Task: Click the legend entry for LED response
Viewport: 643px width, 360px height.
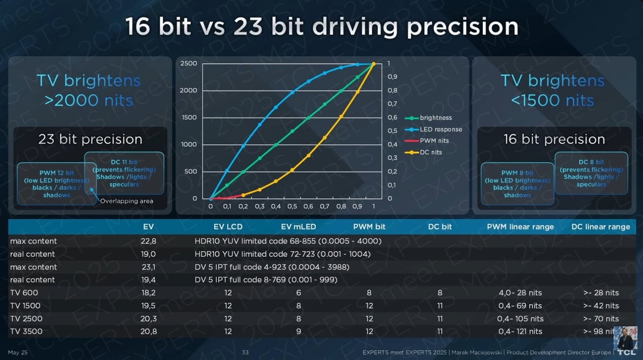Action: click(x=440, y=129)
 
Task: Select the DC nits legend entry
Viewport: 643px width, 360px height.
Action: click(x=431, y=152)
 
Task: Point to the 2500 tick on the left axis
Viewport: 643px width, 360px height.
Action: click(x=188, y=64)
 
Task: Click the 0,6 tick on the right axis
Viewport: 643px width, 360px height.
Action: click(x=392, y=117)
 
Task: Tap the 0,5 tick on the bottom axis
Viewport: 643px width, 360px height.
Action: click(x=292, y=206)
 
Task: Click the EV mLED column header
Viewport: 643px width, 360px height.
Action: click(x=298, y=227)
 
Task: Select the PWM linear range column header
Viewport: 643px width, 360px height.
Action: click(x=520, y=227)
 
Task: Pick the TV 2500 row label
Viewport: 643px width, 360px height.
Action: click(x=26, y=319)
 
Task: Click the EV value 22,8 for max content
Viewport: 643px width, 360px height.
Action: click(x=148, y=241)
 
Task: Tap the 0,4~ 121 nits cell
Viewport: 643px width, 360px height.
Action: click(x=520, y=332)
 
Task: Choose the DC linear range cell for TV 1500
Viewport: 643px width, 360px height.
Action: click(x=601, y=306)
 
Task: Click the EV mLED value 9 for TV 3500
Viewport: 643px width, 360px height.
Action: click(x=298, y=332)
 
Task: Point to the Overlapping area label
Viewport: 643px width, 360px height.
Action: click(x=126, y=201)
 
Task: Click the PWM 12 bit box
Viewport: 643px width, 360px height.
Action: click(x=56, y=184)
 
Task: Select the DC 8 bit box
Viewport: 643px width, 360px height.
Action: click(x=591, y=173)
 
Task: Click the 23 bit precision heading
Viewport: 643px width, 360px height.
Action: click(x=90, y=139)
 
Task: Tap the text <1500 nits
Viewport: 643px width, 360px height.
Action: click(x=552, y=100)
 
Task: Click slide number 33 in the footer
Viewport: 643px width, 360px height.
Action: click(x=245, y=352)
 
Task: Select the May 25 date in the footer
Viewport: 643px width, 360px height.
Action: click(x=18, y=352)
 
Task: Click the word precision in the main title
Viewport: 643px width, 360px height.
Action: click(x=462, y=27)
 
